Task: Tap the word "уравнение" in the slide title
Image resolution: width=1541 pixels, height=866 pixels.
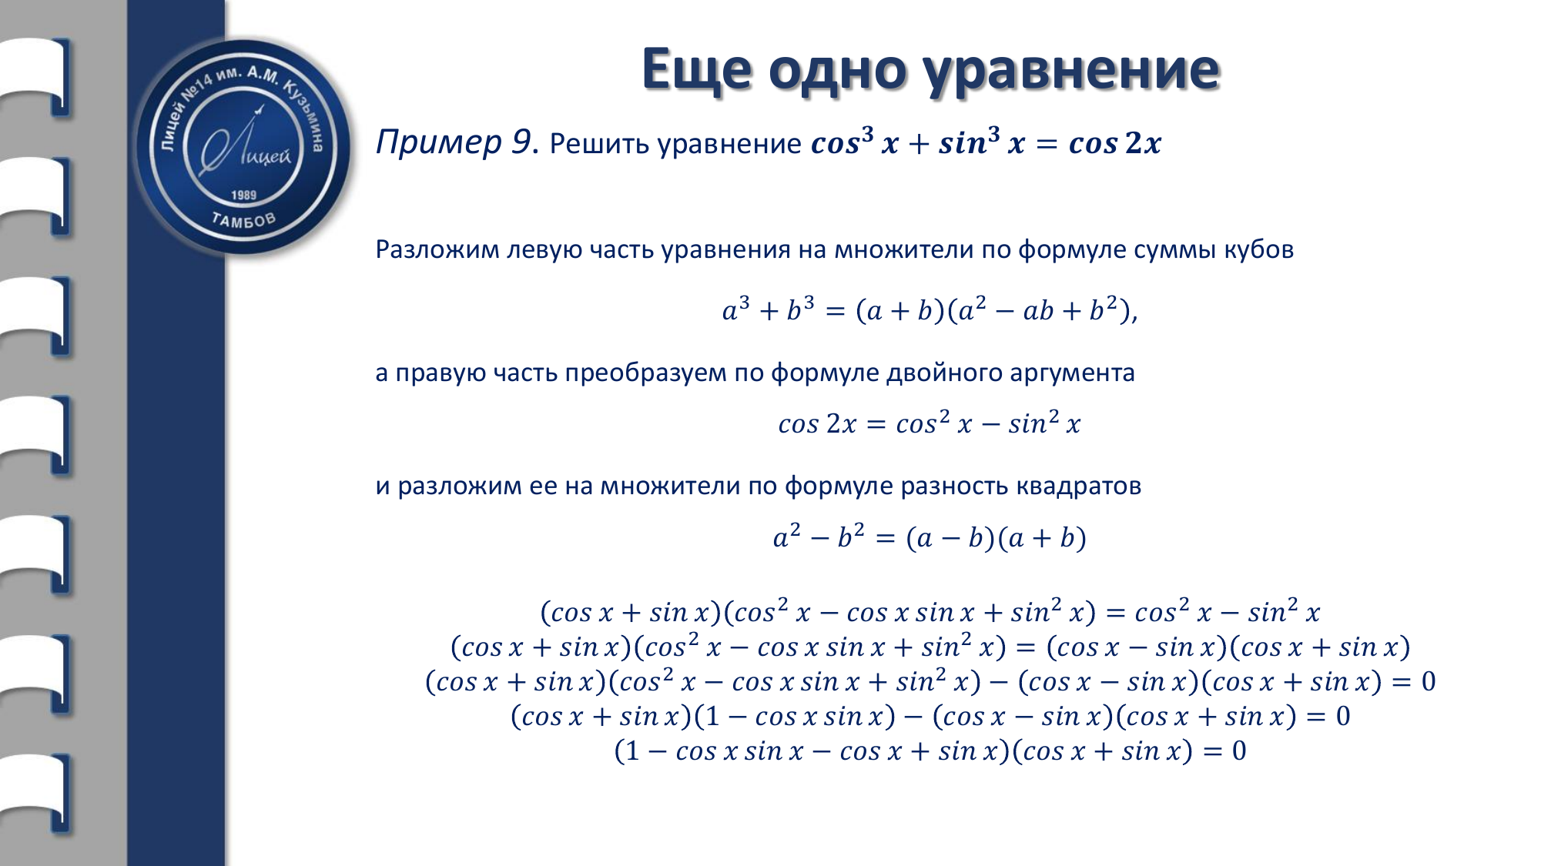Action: [1071, 72]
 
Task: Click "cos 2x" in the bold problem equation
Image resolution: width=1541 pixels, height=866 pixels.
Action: [1114, 143]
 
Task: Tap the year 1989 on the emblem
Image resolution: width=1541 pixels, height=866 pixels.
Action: [243, 195]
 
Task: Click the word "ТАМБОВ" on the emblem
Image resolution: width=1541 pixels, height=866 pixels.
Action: [243, 221]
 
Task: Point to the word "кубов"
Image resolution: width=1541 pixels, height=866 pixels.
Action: [1258, 250]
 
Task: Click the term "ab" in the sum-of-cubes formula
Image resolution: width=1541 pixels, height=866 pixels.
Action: [1038, 311]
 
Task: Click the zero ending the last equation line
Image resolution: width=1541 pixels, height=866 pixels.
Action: [1239, 751]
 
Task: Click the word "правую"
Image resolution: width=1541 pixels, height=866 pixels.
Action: [441, 374]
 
